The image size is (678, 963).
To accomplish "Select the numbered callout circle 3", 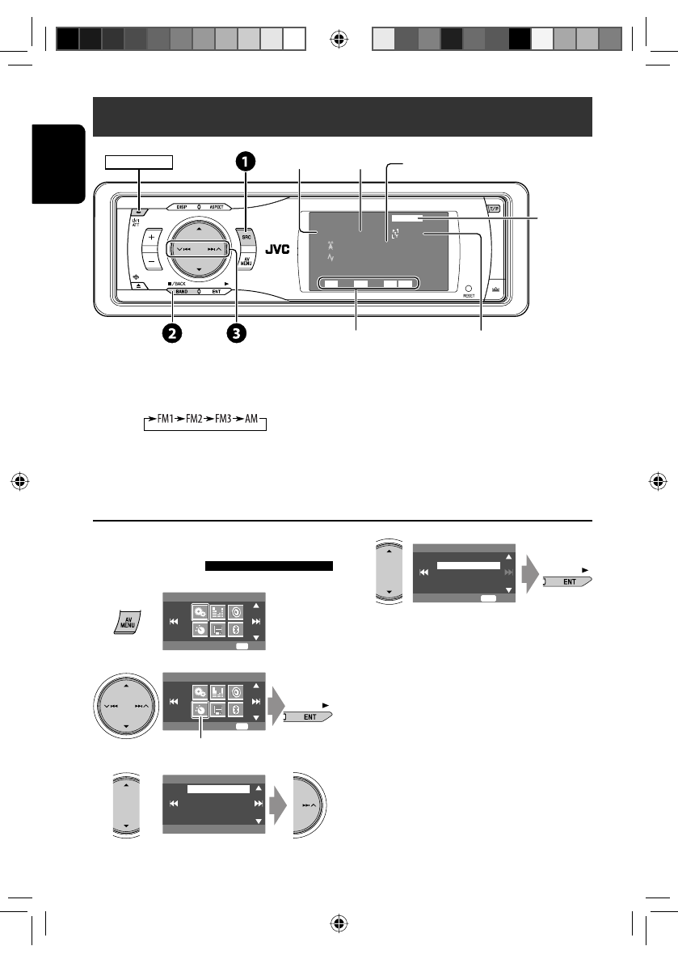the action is coord(236,332).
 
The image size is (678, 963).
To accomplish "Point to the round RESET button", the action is coord(467,287).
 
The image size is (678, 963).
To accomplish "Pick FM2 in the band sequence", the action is coord(192,422).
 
